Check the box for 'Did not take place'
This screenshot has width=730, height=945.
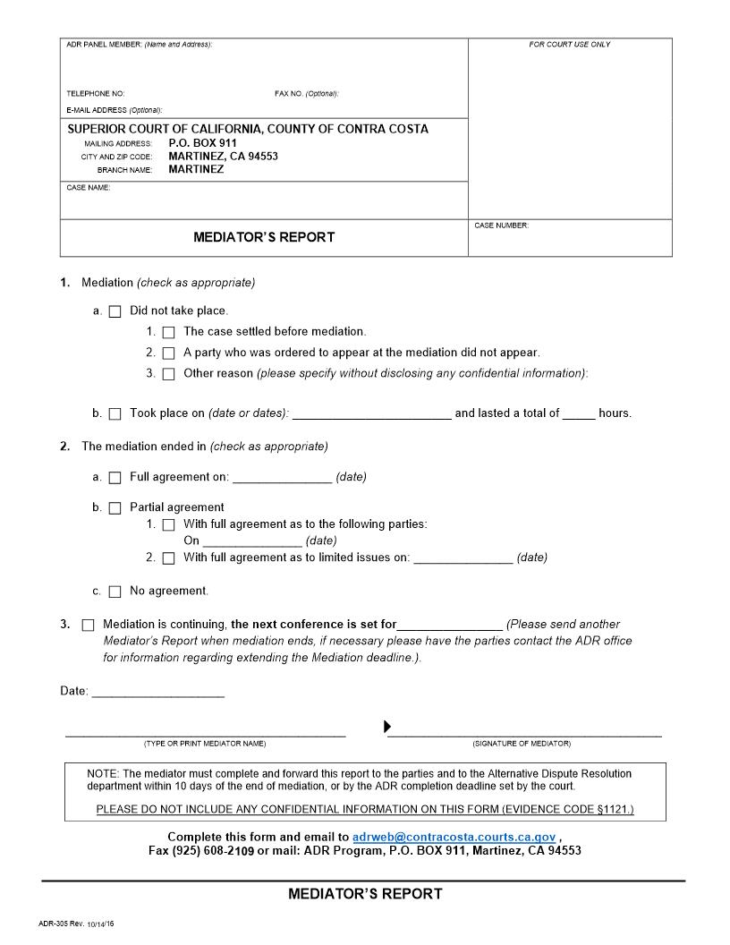click(115, 312)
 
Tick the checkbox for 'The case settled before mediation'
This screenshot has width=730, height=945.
click(168, 332)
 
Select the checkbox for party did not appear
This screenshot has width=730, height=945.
click(168, 353)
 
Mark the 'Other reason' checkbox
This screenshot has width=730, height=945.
click(168, 374)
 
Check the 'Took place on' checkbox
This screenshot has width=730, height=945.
click(115, 414)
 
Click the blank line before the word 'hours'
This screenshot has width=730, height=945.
click(579, 414)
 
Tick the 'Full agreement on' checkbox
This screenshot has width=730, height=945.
click(115, 478)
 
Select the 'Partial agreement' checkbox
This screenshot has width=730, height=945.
click(115, 508)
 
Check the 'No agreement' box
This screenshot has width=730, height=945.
click(115, 592)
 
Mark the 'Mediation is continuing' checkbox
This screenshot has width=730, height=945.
click(88, 625)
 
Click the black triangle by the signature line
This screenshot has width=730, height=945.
click(387, 726)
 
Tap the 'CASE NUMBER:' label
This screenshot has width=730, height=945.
click(501, 226)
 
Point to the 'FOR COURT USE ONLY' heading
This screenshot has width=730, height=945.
click(570, 45)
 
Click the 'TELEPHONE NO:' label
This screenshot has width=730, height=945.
click(95, 94)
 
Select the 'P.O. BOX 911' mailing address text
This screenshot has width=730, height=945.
click(202, 142)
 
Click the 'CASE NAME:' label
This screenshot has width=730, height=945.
click(88, 188)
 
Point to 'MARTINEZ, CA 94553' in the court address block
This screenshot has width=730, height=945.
click(223, 156)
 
